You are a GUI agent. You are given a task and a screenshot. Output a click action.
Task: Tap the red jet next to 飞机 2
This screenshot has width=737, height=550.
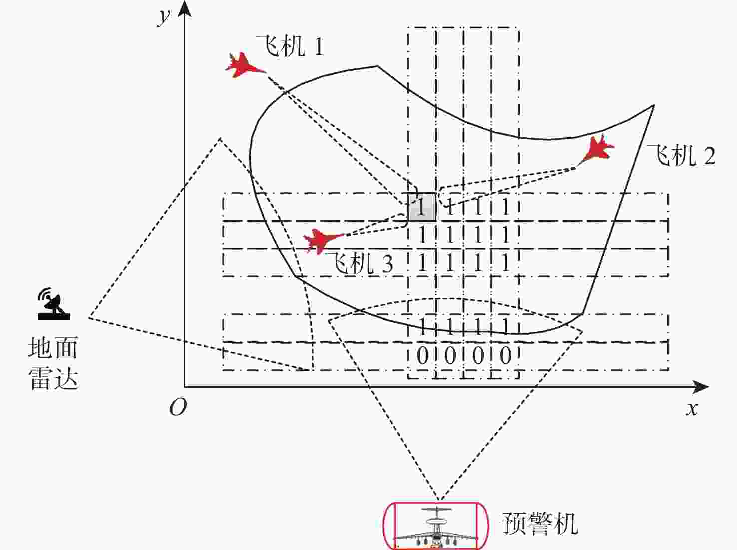pos(598,149)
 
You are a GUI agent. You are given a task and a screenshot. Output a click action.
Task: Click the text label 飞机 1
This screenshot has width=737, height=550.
pos(289,47)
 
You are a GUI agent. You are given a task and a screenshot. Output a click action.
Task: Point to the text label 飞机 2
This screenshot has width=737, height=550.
pos(681,155)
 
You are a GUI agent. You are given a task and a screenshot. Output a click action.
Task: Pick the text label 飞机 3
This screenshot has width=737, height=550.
pos(360,263)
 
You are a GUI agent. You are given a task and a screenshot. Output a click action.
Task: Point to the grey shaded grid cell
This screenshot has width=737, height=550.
pos(422,207)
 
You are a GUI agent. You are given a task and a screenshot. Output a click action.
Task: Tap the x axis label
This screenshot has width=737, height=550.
pos(692,409)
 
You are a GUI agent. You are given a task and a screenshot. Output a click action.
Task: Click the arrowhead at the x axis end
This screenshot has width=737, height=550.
pos(702,387)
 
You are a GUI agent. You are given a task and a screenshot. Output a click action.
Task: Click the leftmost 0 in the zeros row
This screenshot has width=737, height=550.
pos(422,356)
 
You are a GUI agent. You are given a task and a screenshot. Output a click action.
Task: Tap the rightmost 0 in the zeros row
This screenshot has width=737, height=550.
pos(506,356)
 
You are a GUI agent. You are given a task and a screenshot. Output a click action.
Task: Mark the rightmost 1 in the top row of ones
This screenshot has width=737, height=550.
pos(506,207)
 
